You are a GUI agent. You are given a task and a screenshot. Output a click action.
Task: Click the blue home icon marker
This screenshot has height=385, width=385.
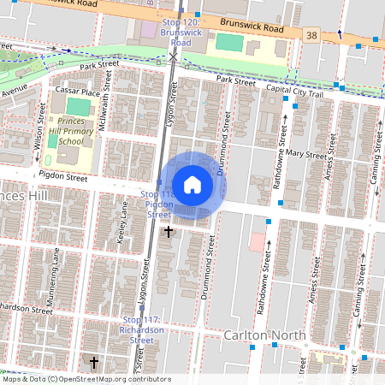(192, 184)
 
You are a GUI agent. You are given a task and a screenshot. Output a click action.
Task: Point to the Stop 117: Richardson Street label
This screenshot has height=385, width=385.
(139, 330)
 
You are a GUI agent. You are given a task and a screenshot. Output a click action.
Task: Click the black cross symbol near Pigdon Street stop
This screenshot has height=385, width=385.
(169, 231)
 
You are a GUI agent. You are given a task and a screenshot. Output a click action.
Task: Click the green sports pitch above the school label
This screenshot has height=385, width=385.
(78, 107)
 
